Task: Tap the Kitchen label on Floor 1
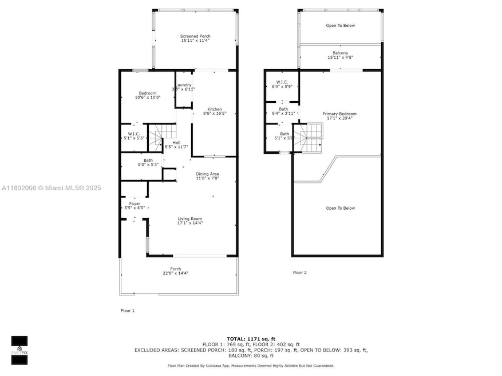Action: [x=215, y=111]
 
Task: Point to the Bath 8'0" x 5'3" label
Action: [x=148, y=163]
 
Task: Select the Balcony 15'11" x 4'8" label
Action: [x=340, y=55]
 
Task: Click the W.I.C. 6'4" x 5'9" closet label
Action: [x=282, y=84]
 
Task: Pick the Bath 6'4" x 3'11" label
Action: [x=283, y=111]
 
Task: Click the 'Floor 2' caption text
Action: [x=300, y=273]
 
